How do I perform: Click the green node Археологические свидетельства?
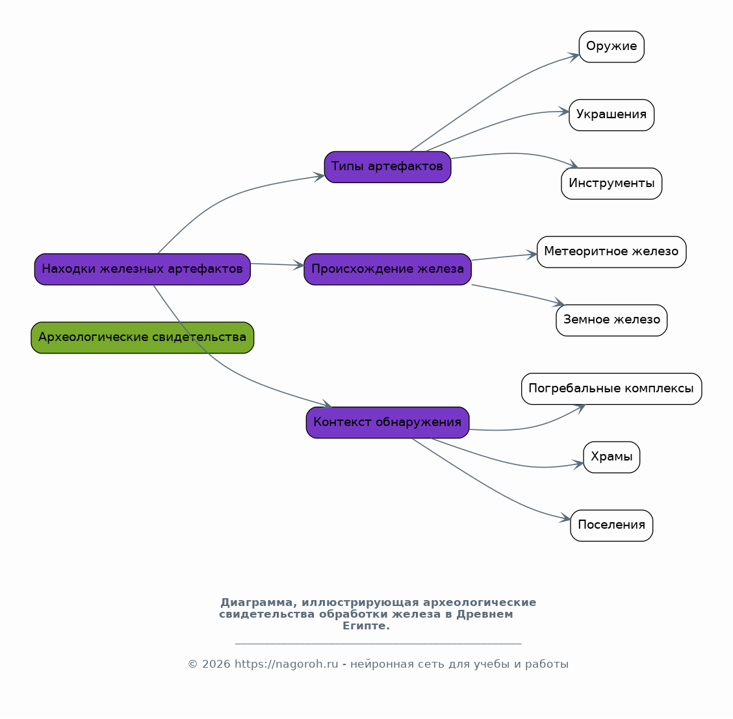point(142,337)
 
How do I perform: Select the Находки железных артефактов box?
point(142,269)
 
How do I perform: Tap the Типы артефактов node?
point(387,167)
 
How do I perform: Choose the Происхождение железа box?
point(387,269)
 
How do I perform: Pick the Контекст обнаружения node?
point(387,422)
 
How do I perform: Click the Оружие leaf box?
point(611,47)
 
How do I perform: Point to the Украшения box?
point(611,115)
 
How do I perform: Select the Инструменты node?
point(611,184)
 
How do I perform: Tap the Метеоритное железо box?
point(611,252)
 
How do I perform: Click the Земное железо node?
point(611,320)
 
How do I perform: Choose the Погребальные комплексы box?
point(611,388)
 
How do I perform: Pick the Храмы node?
point(611,457)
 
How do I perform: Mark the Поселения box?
point(611,525)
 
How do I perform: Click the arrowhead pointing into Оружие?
point(574,56)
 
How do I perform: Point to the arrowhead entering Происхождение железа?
point(299,266)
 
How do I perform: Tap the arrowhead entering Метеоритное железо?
point(532,255)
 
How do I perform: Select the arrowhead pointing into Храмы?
point(578,464)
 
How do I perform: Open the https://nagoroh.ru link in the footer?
point(286,664)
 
